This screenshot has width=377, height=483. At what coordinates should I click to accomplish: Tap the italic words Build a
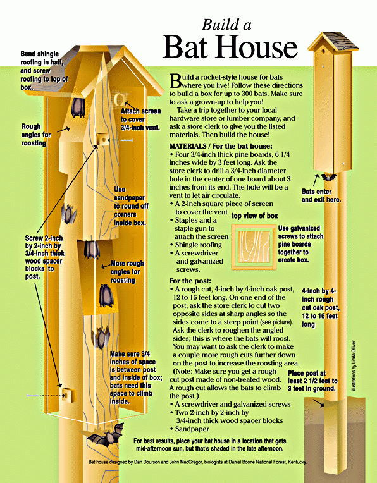(x=226, y=25)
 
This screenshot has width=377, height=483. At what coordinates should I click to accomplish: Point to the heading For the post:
(x=193, y=281)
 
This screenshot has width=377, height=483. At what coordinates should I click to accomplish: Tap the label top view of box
(x=254, y=216)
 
